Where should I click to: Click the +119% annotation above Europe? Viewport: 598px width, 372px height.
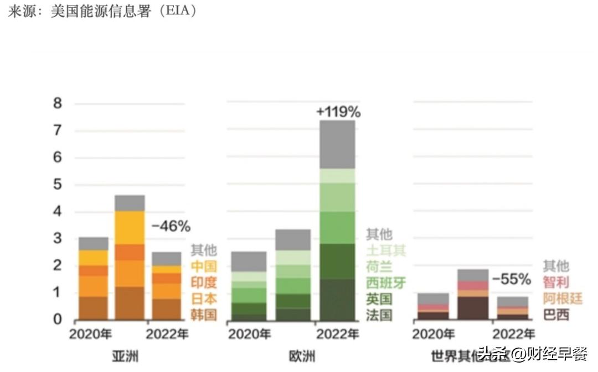(338, 112)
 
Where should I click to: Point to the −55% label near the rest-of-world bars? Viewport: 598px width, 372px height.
(511, 280)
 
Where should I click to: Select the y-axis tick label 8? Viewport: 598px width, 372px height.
(57, 103)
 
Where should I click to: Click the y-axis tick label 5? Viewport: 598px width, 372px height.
(57, 185)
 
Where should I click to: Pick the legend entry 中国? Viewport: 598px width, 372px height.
(204, 266)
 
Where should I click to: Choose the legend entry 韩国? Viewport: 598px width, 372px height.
(204, 315)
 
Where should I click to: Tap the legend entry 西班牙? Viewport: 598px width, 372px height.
(386, 283)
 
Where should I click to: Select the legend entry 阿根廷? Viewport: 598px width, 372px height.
(563, 298)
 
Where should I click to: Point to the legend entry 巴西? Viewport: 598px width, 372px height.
(556, 315)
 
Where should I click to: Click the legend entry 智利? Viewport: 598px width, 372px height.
(556, 282)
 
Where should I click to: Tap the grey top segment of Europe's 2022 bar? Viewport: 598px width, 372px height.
(337, 144)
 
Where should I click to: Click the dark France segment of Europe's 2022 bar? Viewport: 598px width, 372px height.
(337, 299)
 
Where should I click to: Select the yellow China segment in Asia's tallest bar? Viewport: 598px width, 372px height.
(130, 227)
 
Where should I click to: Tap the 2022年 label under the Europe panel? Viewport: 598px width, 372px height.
(337, 334)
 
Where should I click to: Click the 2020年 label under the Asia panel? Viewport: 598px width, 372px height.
(90, 334)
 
